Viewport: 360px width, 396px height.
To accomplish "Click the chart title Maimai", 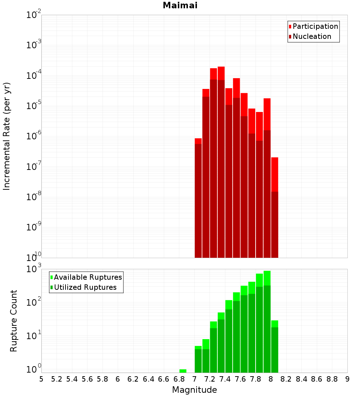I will pos(180,6).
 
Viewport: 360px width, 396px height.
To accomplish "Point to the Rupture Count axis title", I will pos(14,321).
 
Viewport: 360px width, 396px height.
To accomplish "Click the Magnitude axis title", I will pos(194,390).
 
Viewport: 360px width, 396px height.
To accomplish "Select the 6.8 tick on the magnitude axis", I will pos(179,379).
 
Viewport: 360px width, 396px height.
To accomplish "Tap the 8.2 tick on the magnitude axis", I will pos(286,379).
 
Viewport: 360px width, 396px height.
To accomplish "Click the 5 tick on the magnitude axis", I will pos(41,379).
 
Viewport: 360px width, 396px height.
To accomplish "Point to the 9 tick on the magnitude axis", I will pos(347,379).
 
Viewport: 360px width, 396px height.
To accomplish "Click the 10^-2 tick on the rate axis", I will pos(34,15).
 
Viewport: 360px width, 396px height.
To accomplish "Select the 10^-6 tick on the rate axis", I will pos(34,136).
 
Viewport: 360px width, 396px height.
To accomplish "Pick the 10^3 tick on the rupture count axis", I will pos(34,269).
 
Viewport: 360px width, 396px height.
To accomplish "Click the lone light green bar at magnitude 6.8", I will pos(183,371).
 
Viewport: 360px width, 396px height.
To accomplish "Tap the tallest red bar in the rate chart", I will pos(221,162).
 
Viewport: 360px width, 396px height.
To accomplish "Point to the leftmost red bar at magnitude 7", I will pos(198,198).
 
